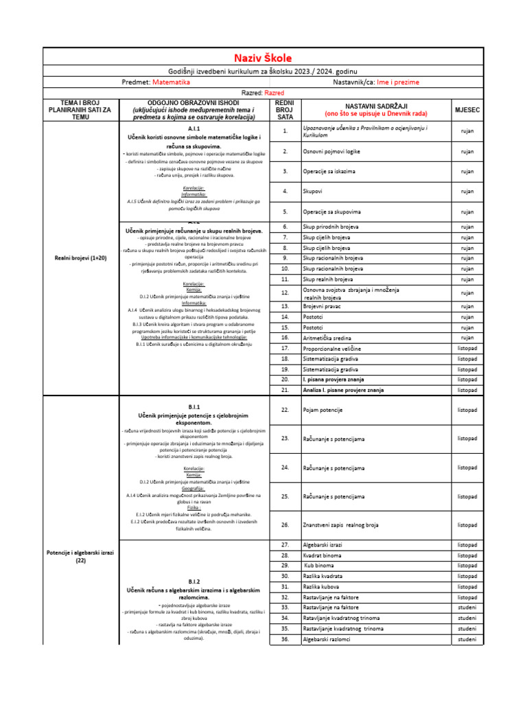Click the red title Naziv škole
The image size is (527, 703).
point(263,58)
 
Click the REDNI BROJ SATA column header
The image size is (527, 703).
point(283,109)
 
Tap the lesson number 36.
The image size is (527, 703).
point(285,639)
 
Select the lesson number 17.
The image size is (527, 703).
point(285,349)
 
